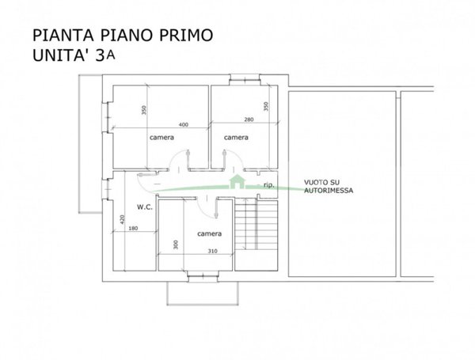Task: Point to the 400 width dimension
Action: (184, 125)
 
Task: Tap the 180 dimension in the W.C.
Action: (133, 229)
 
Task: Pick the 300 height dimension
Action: (175, 245)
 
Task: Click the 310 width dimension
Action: (211, 251)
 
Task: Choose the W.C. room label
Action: (144, 207)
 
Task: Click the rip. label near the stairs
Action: (269, 185)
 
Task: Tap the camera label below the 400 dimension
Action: (161, 138)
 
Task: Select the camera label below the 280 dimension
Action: (236, 138)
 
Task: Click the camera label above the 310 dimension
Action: (210, 233)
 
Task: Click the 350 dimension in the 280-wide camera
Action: (266, 107)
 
